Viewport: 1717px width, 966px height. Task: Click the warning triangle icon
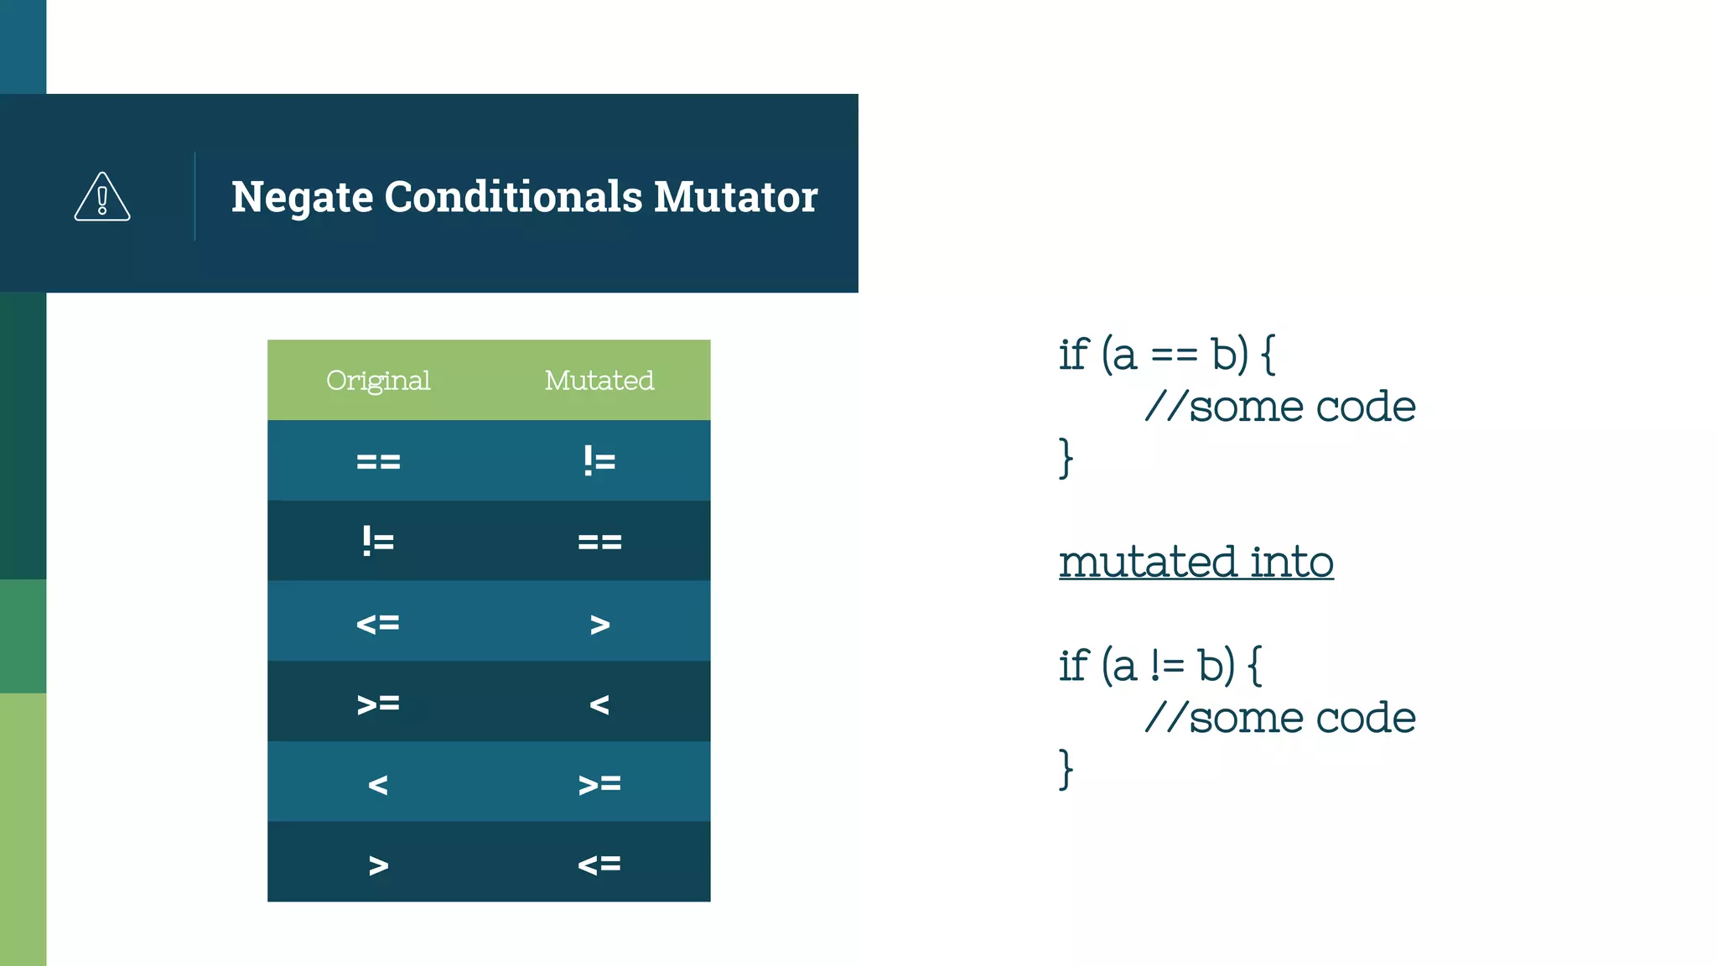[x=102, y=197]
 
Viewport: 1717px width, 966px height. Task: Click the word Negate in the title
[x=302, y=198]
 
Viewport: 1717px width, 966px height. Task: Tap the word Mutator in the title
[x=735, y=197]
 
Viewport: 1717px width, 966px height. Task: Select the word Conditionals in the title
[x=513, y=197]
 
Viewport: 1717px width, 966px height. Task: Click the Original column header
[x=378, y=381]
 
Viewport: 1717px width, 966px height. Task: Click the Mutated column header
[x=599, y=381]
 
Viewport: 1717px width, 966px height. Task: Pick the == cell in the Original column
[x=378, y=461]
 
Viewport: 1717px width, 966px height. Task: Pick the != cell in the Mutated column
[x=599, y=461]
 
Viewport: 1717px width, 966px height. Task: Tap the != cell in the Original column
[x=378, y=542]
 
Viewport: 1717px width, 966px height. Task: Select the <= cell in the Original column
[x=378, y=623]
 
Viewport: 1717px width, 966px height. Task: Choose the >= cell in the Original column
[x=378, y=704]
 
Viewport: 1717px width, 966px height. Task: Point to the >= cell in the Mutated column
[x=599, y=784]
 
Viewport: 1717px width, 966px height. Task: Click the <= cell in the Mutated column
[x=599, y=864]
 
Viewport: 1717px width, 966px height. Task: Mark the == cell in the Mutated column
[x=599, y=542]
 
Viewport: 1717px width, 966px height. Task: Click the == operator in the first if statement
[x=1174, y=356]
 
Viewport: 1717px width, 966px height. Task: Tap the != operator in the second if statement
[x=1166, y=667]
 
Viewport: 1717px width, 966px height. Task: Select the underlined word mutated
[x=1148, y=562]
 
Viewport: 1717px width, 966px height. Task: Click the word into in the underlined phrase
[x=1292, y=562]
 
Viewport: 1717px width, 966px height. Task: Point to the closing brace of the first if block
[x=1066, y=458]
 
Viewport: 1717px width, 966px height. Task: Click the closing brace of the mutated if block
[x=1066, y=769]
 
